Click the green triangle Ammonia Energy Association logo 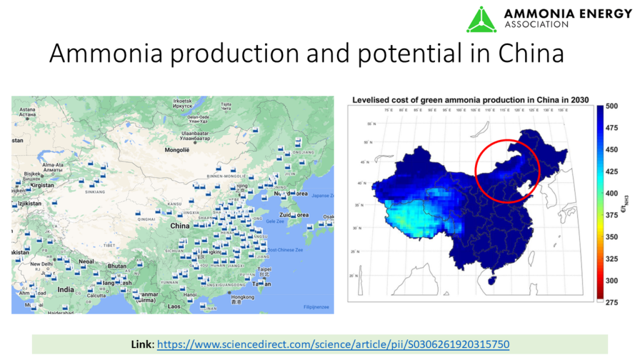[481, 19]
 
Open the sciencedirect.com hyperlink [332, 344]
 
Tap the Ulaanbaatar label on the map [195, 134]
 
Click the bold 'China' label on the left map [180, 226]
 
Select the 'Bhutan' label [117, 266]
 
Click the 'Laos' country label [174, 306]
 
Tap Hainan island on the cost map [492, 281]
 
